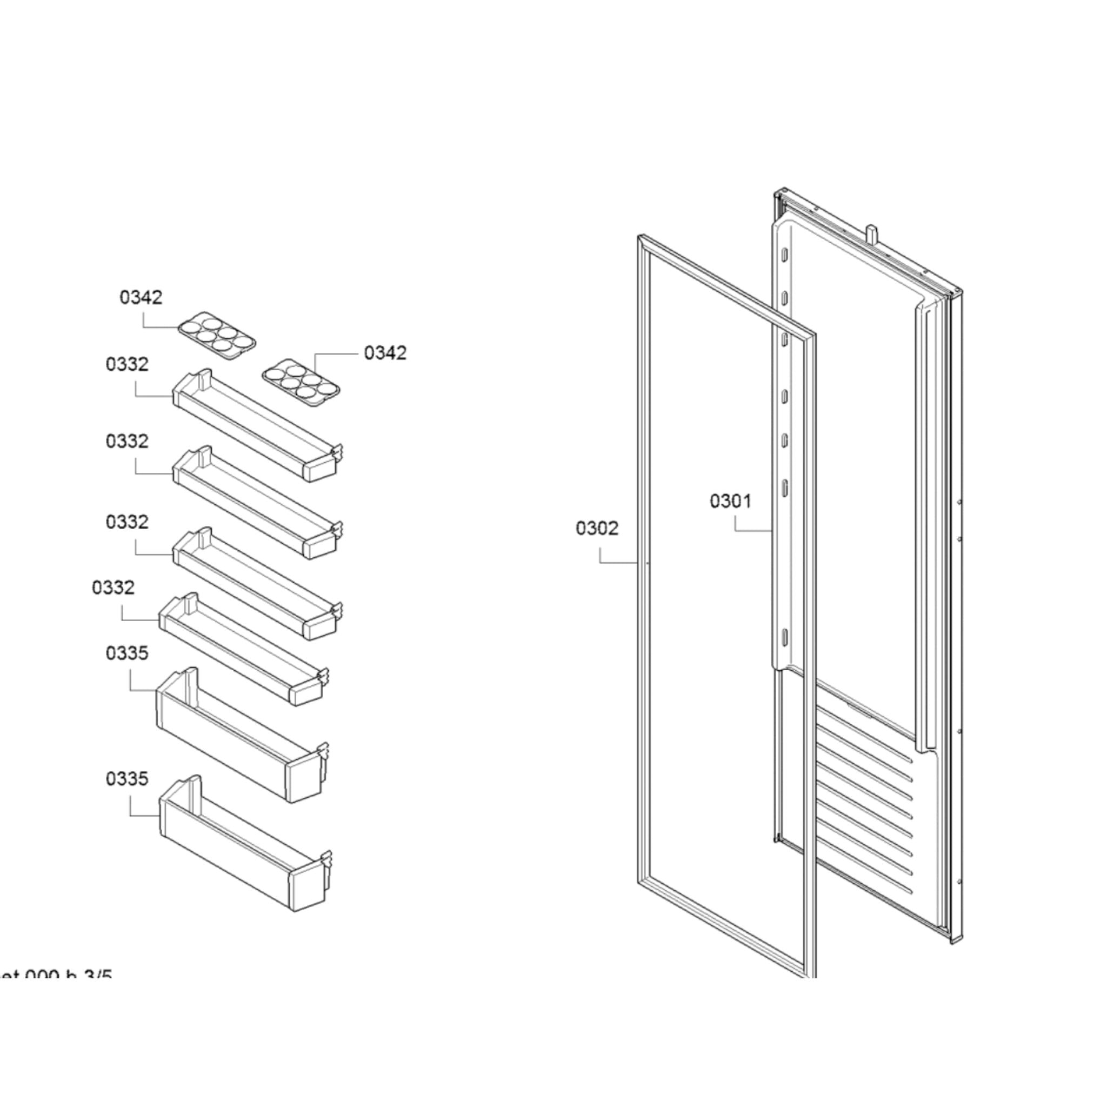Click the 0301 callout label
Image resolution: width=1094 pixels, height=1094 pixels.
click(730, 501)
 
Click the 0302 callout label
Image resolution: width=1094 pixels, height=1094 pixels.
click(597, 528)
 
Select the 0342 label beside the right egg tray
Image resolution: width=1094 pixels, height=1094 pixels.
click(385, 353)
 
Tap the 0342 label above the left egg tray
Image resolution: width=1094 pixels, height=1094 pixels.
click(141, 297)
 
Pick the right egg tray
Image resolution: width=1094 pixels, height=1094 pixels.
click(301, 382)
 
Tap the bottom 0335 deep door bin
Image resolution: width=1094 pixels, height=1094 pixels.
click(243, 844)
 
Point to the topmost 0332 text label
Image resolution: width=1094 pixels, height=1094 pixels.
click(127, 364)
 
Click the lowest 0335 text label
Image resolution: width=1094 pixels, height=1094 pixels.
click(127, 778)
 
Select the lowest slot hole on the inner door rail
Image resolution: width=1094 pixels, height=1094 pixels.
click(785, 638)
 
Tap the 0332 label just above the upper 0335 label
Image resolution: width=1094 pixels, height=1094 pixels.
click(112, 587)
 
